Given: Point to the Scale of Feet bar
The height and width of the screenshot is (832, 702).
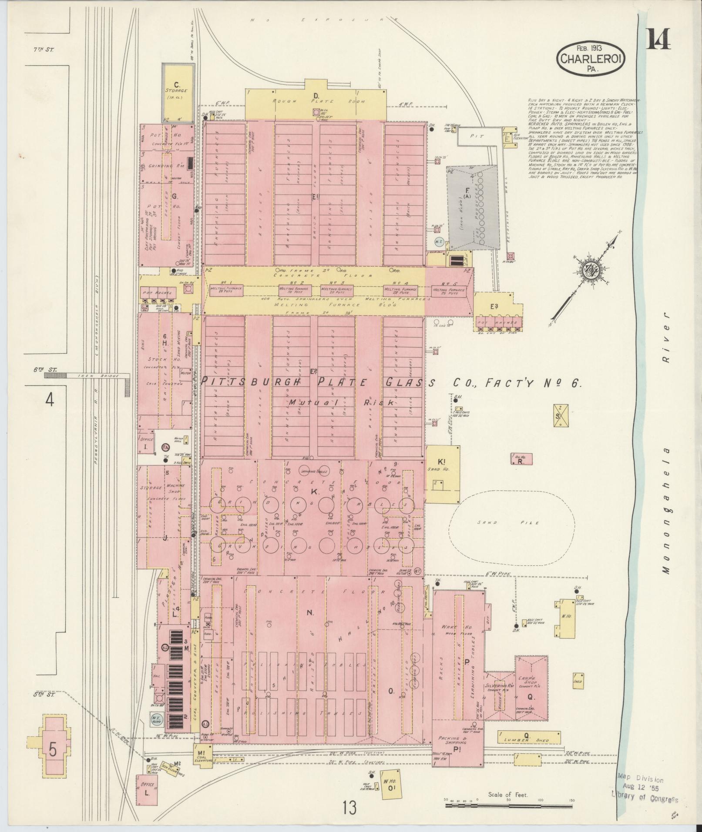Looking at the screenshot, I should tap(507, 501).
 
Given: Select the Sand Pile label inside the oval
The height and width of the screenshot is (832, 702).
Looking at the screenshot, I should tap(507, 523).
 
